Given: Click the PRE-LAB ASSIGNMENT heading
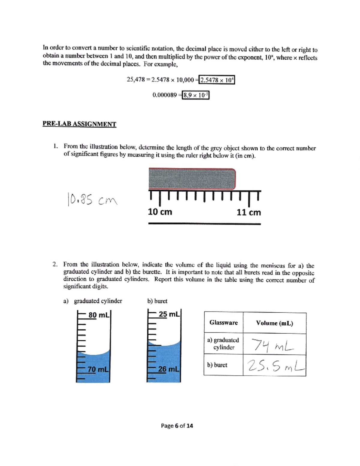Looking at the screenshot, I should pyautogui.click(x=79, y=124).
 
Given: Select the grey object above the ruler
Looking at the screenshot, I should pyautogui.click(x=192, y=179).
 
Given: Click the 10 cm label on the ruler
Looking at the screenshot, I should pyautogui.click(x=160, y=212).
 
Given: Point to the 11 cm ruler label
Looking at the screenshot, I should pyautogui.click(x=248, y=212).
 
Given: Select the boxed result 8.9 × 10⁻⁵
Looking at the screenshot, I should pyautogui.click(x=195, y=95).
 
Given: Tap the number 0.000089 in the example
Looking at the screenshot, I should pyautogui.click(x=164, y=95).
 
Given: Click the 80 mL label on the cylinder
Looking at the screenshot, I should pyautogui.click(x=98, y=315).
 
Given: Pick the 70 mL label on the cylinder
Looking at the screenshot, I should pyautogui.click(x=98, y=369).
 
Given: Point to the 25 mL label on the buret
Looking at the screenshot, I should pyautogui.click(x=169, y=314).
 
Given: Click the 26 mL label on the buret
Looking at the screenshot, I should pyautogui.click(x=168, y=369).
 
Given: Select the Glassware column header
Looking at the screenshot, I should pyautogui.click(x=223, y=323).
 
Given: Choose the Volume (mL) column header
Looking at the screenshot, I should pyautogui.click(x=274, y=323).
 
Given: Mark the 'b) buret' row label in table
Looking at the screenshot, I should pyautogui.click(x=217, y=365).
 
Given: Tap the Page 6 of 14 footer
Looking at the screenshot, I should pyautogui.click(x=177, y=425).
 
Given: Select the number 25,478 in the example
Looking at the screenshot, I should pyautogui.click(x=136, y=80).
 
